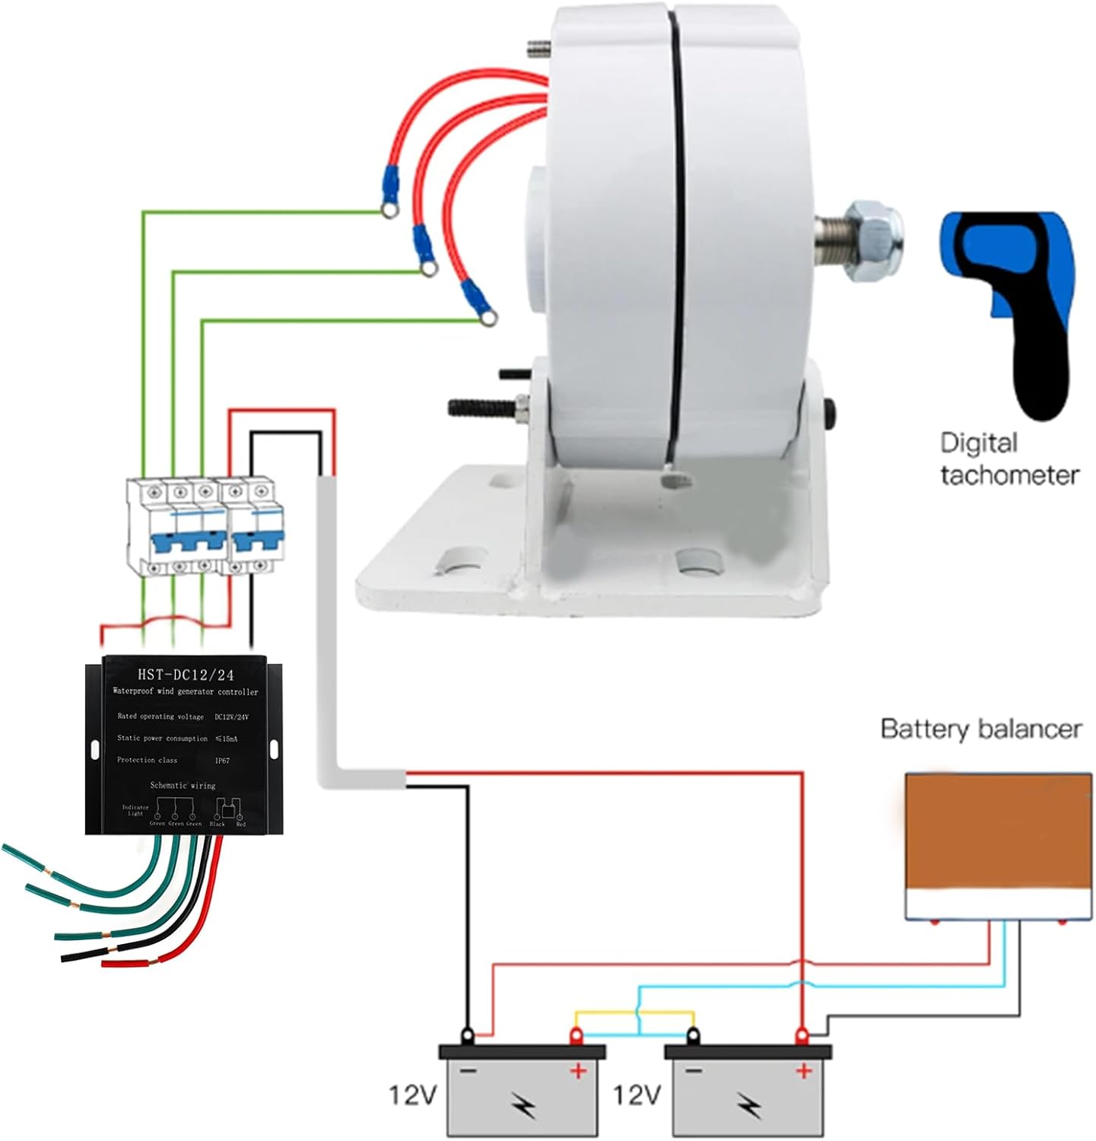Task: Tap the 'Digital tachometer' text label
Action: click(x=1009, y=459)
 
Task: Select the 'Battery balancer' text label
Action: click(x=980, y=729)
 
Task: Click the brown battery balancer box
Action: click(x=998, y=834)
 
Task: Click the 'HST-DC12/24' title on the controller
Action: click(x=186, y=675)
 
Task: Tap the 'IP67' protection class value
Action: click(x=222, y=760)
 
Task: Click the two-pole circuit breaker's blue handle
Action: click(x=252, y=542)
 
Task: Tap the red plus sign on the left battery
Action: click(x=578, y=1072)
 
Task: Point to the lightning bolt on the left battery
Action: click(x=523, y=1104)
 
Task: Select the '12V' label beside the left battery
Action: click(x=414, y=1095)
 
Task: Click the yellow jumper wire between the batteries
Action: click(x=635, y=1013)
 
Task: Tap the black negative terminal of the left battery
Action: click(x=467, y=1035)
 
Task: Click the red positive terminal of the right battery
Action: click(x=801, y=1035)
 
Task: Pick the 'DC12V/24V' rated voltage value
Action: click(x=232, y=717)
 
